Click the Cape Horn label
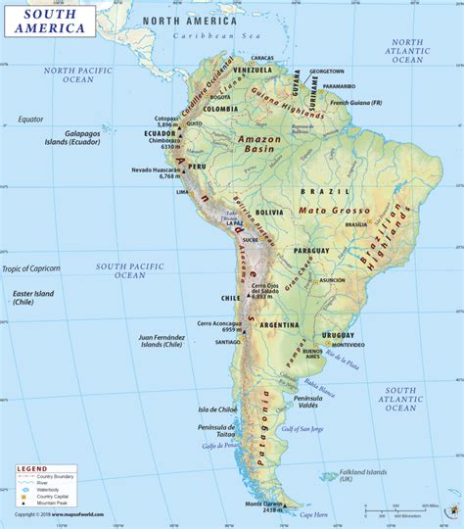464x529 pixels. (314, 515)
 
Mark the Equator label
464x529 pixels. (30, 120)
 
